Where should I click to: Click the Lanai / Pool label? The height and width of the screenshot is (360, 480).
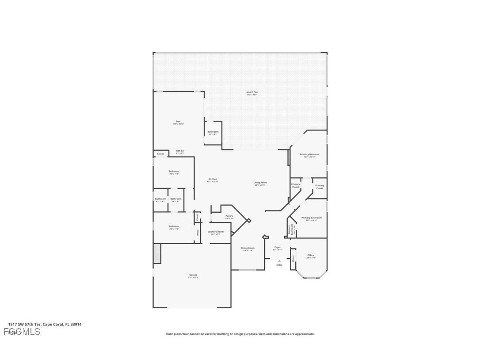[x=252, y=92]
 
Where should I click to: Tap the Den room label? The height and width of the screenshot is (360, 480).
[x=178, y=122]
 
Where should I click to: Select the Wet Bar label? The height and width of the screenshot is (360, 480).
[x=180, y=151]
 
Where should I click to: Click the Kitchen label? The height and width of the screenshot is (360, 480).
[x=213, y=179]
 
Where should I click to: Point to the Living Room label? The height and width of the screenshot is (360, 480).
[x=260, y=183]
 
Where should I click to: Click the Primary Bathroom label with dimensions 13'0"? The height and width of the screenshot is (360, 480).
[x=312, y=218]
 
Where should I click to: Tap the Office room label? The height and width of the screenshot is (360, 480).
[x=311, y=255]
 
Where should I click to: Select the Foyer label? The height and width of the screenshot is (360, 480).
[x=278, y=248]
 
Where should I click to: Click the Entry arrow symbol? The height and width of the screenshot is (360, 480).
[x=279, y=261]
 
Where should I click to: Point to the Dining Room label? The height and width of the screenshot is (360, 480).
[x=248, y=248]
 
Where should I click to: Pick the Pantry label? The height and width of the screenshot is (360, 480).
[x=229, y=216]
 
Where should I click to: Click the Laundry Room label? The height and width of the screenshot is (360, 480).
[x=216, y=231]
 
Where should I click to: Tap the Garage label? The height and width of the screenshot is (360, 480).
[x=193, y=275]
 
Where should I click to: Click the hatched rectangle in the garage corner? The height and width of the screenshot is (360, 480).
[x=157, y=253]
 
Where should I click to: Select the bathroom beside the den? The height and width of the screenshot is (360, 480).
[x=213, y=132]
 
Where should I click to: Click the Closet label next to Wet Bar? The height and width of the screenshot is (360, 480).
[x=160, y=154]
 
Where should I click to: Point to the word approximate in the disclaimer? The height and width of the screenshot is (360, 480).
[x=304, y=334]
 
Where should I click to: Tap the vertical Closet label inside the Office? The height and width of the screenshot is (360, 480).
[x=293, y=259]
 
